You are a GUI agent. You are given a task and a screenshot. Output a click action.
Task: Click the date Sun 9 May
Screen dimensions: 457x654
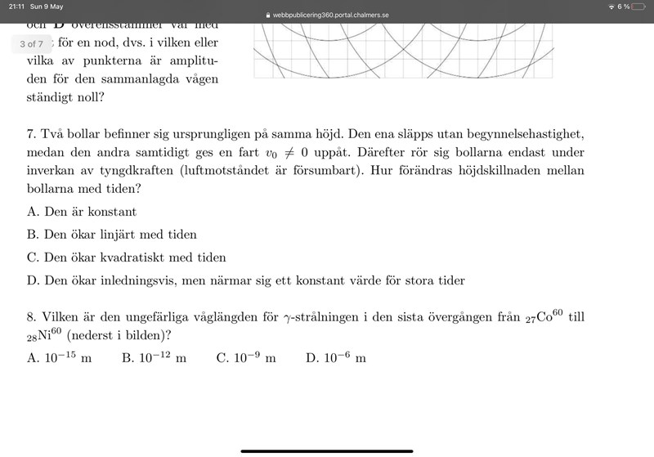point(48,6)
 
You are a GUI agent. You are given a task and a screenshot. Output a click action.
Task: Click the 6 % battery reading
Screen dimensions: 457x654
point(624,7)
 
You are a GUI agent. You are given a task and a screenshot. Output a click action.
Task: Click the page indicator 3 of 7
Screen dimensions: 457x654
point(32,43)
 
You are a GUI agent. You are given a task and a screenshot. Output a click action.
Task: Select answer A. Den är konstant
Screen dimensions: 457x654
point(82,212)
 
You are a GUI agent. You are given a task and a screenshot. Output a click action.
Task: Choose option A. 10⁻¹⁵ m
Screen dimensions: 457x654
point(60,358)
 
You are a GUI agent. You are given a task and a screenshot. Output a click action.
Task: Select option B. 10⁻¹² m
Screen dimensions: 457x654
point(155,358)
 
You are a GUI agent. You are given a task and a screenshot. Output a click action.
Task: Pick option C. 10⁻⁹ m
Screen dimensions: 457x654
point(246,358)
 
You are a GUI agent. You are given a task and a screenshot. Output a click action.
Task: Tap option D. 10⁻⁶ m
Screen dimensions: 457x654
point(336,358)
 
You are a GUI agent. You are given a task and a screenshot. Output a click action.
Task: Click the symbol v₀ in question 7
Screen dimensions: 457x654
point(273,153)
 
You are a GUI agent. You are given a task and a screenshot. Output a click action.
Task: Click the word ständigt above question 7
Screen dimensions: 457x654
point(56,98)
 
